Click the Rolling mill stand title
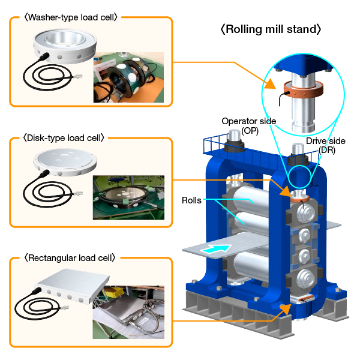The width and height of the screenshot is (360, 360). tap(271, 29)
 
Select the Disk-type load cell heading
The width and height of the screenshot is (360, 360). tap(65, 137)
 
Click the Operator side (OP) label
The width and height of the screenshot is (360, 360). tap(249, 125)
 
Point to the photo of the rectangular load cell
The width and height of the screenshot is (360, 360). tap(128, 312)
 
